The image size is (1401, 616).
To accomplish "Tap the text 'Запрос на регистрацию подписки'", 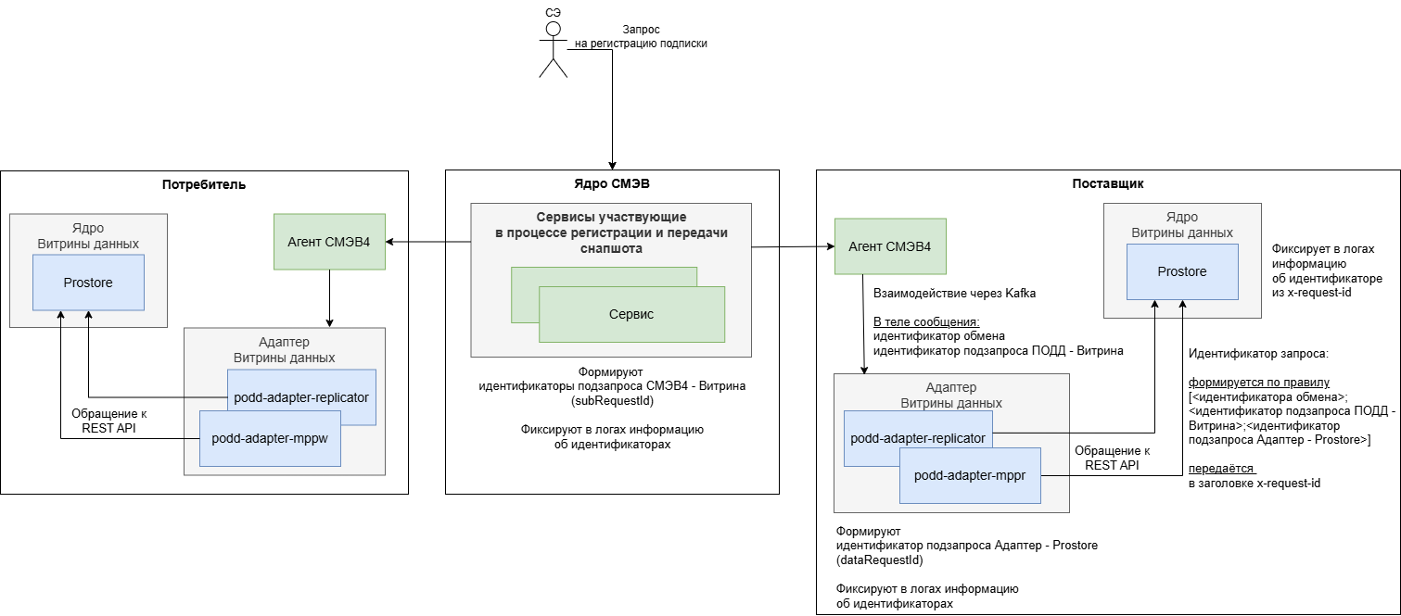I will click(641, 36).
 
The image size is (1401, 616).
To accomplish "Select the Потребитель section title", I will click(204, 184).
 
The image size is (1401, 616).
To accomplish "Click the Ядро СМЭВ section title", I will click(612, 184).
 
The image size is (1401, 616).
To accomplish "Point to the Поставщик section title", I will click(1107, 184).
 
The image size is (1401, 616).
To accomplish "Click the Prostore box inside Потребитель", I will click(88, 283).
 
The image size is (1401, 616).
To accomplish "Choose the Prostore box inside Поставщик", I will click(1182, 271).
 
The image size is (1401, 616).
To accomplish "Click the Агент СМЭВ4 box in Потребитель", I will click(329, 242).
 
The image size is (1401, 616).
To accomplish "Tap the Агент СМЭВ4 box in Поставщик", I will click(890, 246).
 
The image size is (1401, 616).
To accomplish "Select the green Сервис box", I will click(630, 314).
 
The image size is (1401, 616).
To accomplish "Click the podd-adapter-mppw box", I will click(270, 438).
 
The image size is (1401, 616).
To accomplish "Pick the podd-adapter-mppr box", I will click(970, 476).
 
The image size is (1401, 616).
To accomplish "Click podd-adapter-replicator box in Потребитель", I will click(301, 397).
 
